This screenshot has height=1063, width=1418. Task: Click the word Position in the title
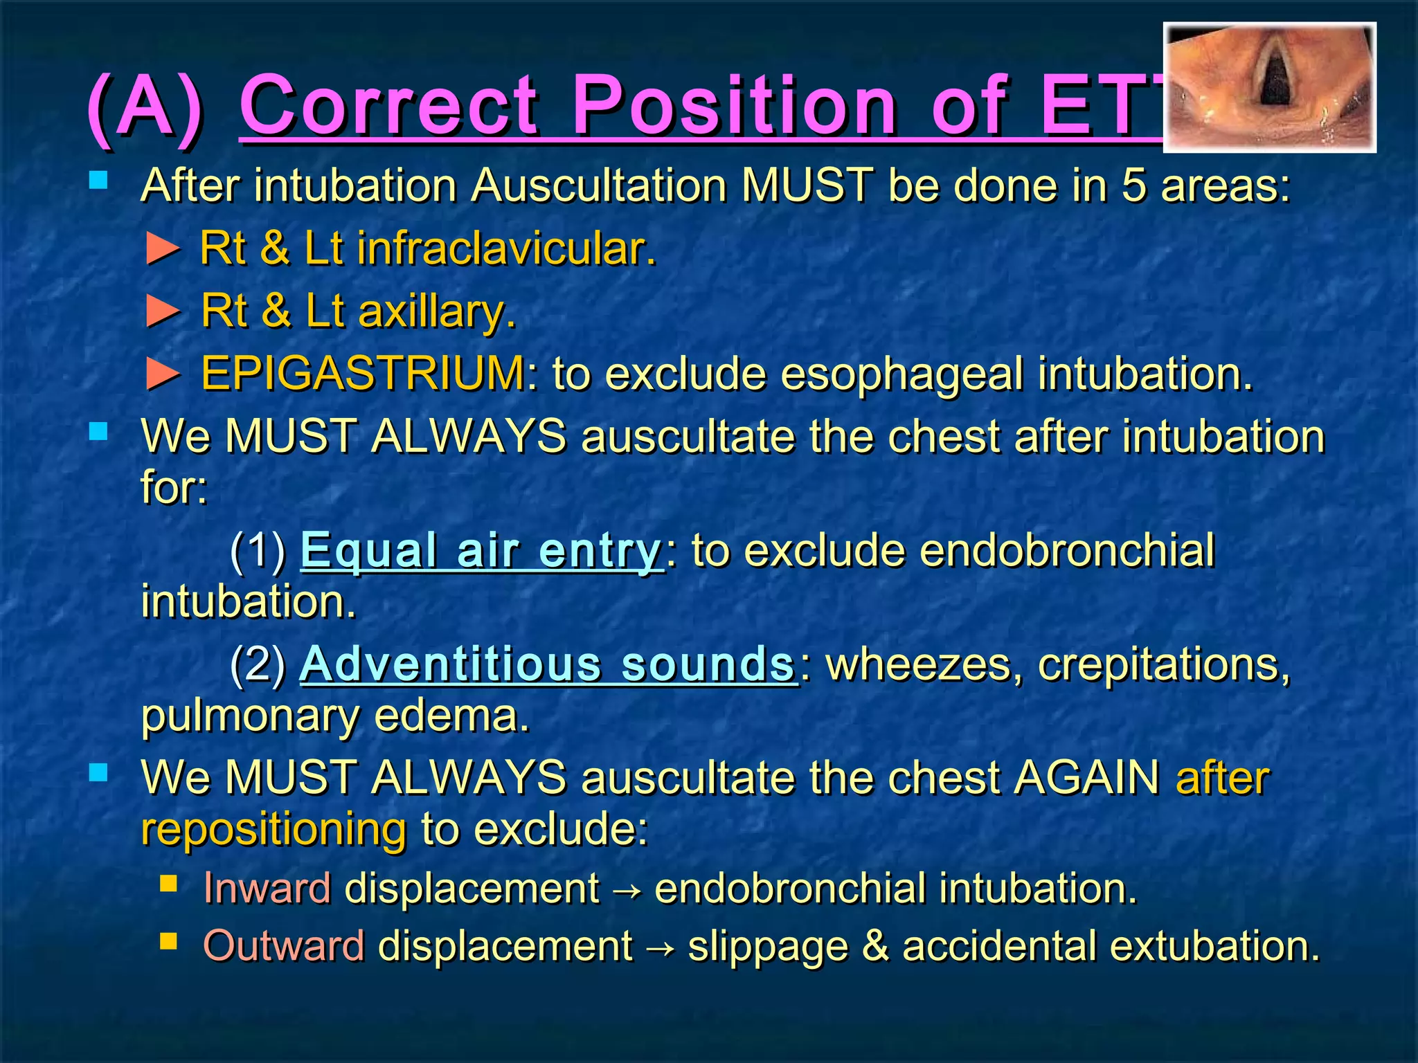click(734, 105)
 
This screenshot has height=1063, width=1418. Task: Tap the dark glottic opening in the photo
click(1273, 82)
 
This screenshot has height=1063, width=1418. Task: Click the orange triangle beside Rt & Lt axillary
click(163, 311)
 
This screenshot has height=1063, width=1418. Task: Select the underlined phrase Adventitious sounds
click(547, 664)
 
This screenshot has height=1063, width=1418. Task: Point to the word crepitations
click(1163, 664)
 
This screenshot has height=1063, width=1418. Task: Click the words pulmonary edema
click(335, 716)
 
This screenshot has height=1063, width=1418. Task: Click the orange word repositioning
click(273, 829)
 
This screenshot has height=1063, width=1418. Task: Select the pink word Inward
click(267, 888)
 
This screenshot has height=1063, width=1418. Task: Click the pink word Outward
click(284, 945)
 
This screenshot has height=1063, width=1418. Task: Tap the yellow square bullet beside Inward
click(168, 884)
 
